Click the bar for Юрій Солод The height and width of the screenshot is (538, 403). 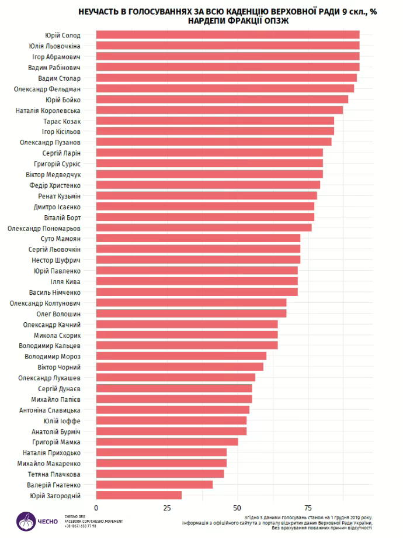click(227, 35)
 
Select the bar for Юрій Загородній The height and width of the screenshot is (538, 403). click(138, 495)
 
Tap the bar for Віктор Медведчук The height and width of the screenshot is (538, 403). click(209, 174)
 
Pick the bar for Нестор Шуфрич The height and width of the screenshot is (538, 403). click(197, 259)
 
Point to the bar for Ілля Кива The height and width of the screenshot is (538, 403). click(196, 281)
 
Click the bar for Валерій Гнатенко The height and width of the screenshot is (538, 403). click(154, 485)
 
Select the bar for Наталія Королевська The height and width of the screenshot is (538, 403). click(219, 110)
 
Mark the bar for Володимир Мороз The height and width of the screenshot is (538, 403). click(180, 356)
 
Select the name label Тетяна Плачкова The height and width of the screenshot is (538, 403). click(56, 474)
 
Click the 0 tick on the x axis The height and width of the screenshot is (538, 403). click(96, 507)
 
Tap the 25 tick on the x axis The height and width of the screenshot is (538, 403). click(166, 507)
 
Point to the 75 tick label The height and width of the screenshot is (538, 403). click(308, 507)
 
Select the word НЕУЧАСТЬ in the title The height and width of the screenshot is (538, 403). click(100, 11)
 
